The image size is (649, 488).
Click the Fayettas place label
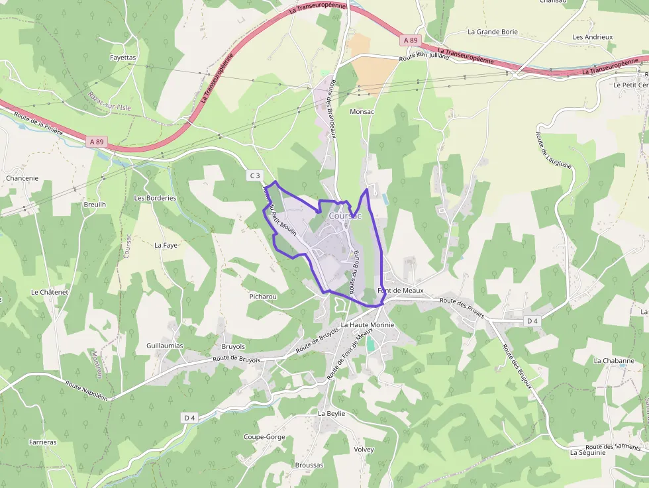pyautogui.click(x=123, y=58)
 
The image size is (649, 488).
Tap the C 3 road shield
pyautogui.click(x=255, y=175)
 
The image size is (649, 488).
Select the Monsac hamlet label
pyautogui.click(x=362, y=112)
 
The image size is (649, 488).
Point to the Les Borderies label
pyautogui.click(x=155, y=197)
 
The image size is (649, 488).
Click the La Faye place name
pyautogui.click(x=166, y=245)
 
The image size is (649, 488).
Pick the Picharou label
pyautogui.click(x=263, y=297)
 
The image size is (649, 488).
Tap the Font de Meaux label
pyautogui.click(x=400, y=291)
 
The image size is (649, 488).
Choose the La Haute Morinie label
pyautogui.click(x=368, y=325)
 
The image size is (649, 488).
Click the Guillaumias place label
pyautogui.click(x=164, y=346)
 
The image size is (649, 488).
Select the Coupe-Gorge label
pyautogui.click(x=264, y=437)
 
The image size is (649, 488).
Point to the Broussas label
pyautogui.click(x=309, y=465)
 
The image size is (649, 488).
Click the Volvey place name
pyautogui.click(x=364, y=450)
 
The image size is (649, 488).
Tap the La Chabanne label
pyautogui.click(x=614, y=361)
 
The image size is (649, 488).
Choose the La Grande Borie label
pyautogui.click(x=493, y=31)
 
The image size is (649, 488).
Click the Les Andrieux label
pyautogui.click(x=593, y=37)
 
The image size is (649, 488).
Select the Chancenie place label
pyautogui.click(x=22, y=178)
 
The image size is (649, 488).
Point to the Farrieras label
pyautogui.click(x=43, y=442)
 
